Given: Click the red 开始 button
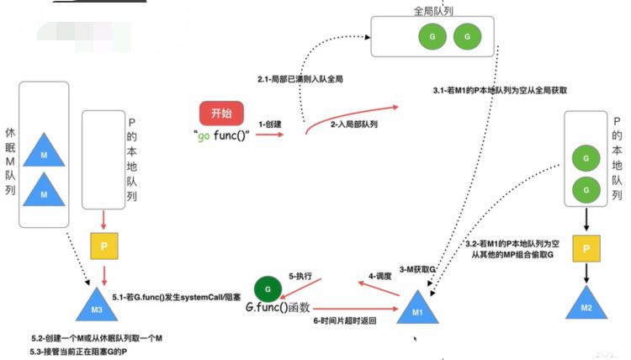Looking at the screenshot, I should [220, 114].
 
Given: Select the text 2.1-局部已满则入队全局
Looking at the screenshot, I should [300, 78].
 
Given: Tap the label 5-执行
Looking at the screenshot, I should [301, 275].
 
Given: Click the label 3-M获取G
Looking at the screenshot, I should [418, 268].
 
